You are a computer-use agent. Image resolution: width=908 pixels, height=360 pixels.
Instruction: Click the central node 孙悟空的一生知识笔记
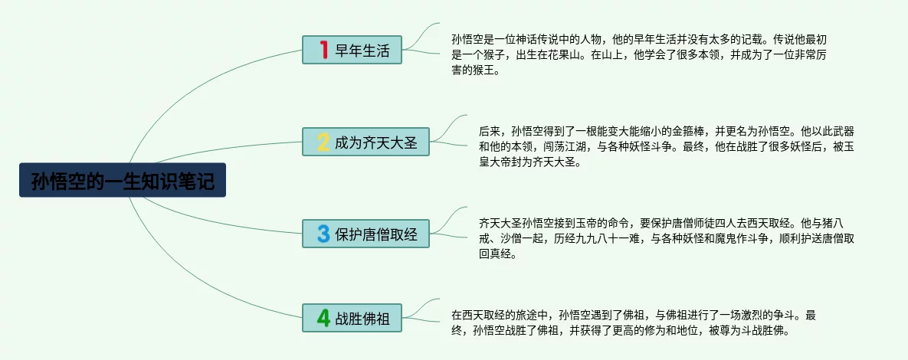[x=122, y=180]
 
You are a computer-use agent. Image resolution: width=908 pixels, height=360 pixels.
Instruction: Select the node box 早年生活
[x=352, y=50]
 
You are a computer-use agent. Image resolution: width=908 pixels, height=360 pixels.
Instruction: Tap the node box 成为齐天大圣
[x=365, y=142]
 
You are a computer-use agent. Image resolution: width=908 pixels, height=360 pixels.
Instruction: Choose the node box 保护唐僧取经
[x=365, y=234]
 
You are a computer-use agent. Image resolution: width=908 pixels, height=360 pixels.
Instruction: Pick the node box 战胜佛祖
[x=352, y=318]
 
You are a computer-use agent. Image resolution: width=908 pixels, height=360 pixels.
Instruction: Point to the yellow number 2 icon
[x=323, y=142]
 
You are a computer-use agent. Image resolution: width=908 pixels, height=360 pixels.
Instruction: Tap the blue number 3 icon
[x=323, y=234]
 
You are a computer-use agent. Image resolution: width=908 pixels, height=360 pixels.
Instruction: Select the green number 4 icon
[x=323, y=318]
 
